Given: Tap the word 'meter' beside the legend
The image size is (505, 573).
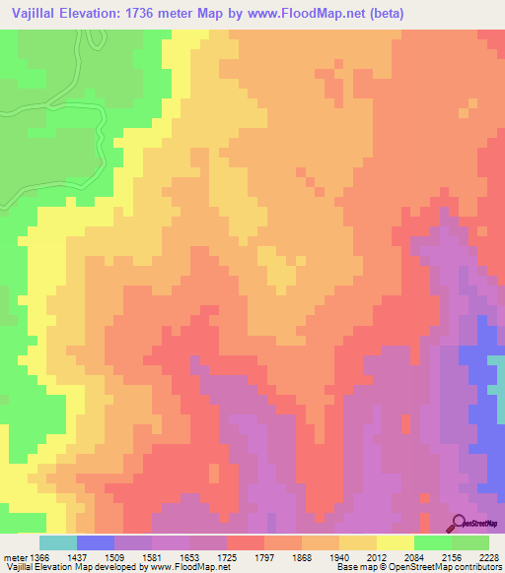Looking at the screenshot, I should pyautogui.click(x=14, y=556).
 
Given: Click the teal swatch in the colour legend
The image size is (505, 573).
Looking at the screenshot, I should pyautogui.click(x=57, y=542).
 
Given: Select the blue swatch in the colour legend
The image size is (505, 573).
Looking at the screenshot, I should pyautogui.click(x=95, y=542).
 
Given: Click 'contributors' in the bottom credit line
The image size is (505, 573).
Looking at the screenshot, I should pyautogui.click(x=479, y=567).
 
